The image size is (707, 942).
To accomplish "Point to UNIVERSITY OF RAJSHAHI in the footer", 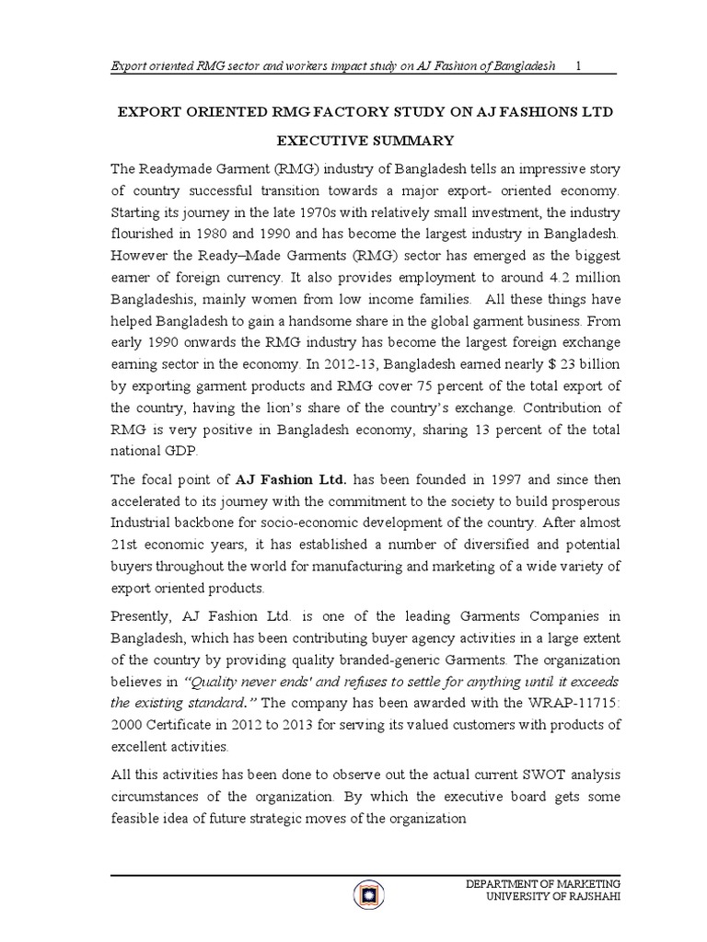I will pos(548,897).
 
